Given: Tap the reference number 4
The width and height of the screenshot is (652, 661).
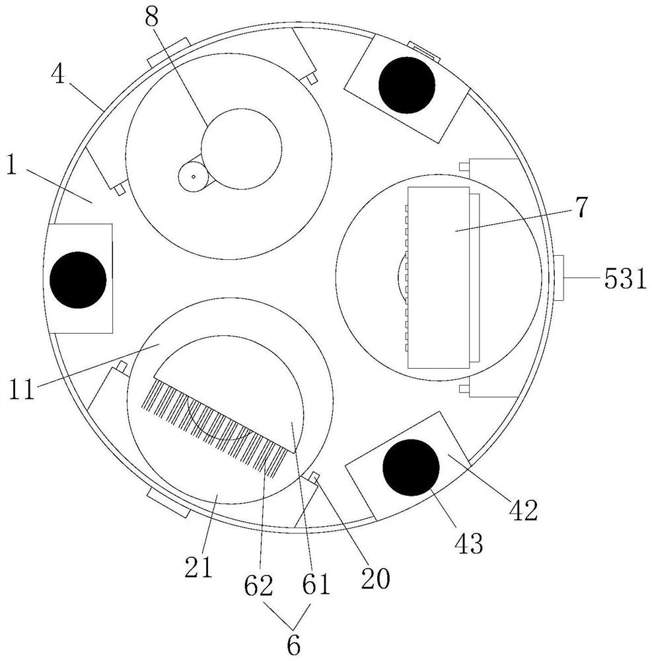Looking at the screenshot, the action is click(x=59, y=75).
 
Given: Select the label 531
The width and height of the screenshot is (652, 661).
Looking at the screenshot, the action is click(x=625, y=279).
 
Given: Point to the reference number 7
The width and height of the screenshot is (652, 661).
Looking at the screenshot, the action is click(x=581, y=207).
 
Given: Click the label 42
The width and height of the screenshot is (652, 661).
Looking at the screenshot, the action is click(x=524, y=510).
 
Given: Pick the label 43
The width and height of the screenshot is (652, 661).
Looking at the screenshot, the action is click(x=469, y=544).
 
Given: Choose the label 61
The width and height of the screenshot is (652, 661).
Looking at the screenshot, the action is click(x=316, y=585).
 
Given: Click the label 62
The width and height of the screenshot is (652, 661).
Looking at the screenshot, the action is click(x=258, y=586).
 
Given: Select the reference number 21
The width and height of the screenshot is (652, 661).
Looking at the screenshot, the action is click(x=198, y=568).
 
